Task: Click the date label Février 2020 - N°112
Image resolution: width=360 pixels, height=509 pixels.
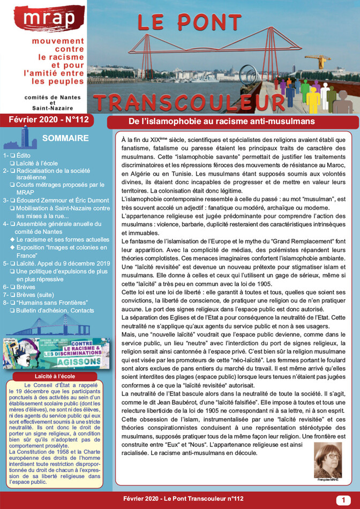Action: tap(52, 119)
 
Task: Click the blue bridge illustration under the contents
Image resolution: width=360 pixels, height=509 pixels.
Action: tap(47, 326)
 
